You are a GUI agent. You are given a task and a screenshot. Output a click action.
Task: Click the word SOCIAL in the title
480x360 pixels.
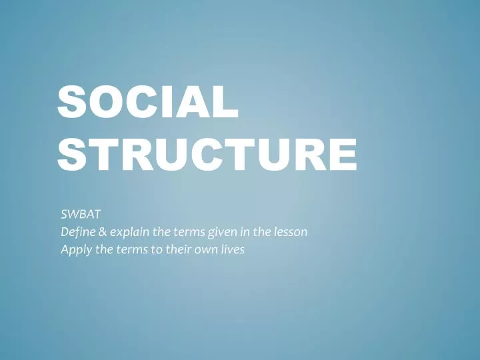147,105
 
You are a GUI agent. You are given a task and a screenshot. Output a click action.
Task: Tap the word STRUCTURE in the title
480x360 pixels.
207,153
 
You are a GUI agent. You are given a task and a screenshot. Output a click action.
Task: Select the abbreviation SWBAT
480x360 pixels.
80,215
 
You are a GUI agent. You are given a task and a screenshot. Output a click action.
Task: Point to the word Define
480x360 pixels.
76,233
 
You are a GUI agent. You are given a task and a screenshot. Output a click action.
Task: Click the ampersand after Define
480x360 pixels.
102,233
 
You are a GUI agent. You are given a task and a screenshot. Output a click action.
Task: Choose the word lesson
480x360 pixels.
291,233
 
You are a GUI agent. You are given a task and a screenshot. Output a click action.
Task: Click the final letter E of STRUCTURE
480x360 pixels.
341,153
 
